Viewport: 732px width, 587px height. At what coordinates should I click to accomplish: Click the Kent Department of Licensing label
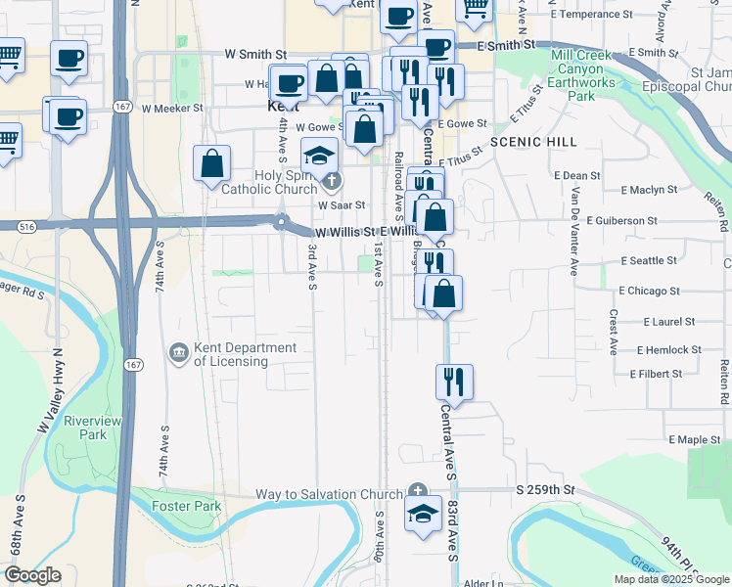coord(231,354)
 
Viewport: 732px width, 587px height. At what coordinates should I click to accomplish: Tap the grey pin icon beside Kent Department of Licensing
coord(178,351)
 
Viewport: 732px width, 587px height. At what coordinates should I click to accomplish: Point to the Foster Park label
coord(187,506)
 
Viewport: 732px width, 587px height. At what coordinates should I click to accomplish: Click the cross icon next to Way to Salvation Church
coord(418,491)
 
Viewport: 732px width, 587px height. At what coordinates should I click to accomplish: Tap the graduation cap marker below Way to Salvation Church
coord(423,515)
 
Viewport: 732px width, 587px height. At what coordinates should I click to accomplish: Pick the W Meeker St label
coord(170,109)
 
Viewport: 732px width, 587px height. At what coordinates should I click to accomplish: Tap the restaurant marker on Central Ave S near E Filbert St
coord(454,381)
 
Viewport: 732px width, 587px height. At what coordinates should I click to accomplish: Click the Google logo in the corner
coord(32,575)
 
